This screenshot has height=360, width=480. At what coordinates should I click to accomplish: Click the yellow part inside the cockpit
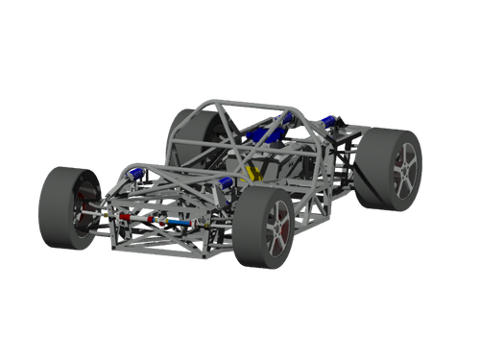coord(253,172)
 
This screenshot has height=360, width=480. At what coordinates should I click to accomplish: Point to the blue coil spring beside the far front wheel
coord(140,174)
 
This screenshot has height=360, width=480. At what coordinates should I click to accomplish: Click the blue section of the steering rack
coord(178,222)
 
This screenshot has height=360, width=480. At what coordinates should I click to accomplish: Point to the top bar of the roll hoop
coord(250,102)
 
